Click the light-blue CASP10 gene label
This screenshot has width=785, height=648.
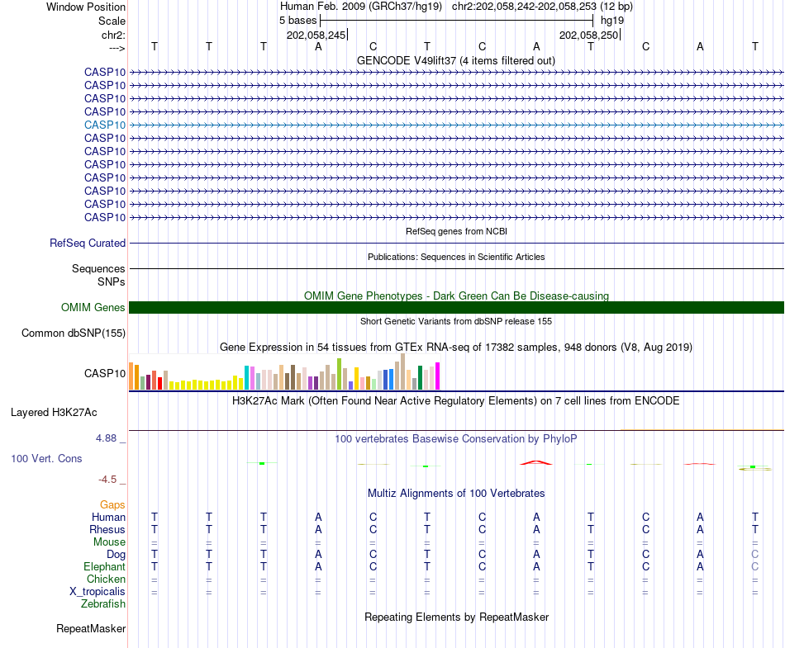[x=105, y=125]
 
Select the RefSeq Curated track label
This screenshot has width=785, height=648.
[x=88, y=244]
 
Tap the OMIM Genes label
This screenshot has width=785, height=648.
[x=93, y=308]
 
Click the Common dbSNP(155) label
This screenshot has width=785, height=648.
[x=74, y=333]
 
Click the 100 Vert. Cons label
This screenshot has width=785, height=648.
[x=46, y=458]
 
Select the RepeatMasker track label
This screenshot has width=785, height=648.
[x=91, y=629]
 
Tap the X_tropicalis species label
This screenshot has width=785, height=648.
[x=98, y=592]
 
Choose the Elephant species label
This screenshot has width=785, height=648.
[x=104, y=567]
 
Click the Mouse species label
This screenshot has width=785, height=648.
[x=109, y=542]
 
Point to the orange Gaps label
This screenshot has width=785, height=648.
[x=112, y=504]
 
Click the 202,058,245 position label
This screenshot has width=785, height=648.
[x=316, y=35]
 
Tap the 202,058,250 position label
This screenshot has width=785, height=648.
[x=588, y=35]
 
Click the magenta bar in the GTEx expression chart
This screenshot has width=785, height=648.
[x=438, y=376]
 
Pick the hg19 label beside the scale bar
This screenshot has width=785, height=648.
[x=612, y=20]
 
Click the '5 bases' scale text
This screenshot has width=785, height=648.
[x=298, y=20]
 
